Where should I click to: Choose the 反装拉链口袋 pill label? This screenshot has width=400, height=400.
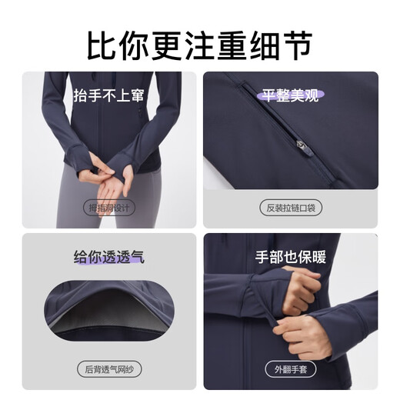pyautogui.click(x=291, y=208)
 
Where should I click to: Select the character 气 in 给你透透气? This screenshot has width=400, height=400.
pyautogui.click(x=136, y=256)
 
